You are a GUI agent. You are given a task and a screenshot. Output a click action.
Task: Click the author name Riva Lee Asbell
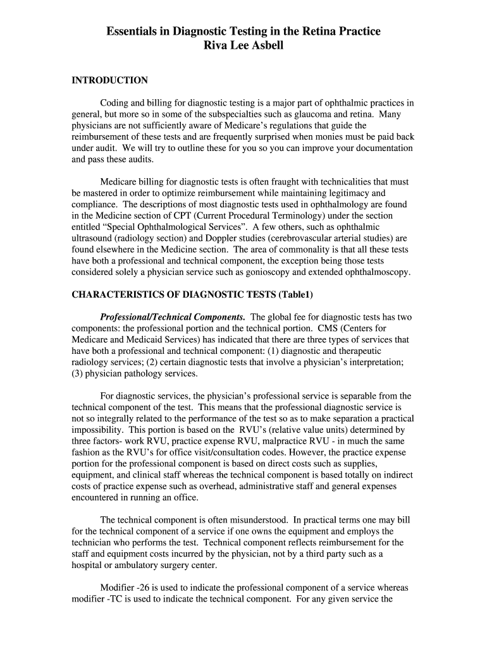click(244, 45)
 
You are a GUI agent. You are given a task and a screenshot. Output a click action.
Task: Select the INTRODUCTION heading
click(109, 80)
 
